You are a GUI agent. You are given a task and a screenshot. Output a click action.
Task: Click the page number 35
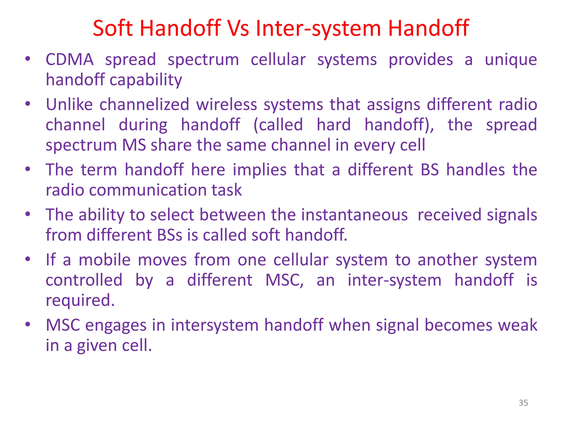(x=523, y=403)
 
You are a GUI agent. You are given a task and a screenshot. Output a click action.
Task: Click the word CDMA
(x=69, y=60)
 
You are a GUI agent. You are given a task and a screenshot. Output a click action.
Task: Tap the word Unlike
(x=69, y=105)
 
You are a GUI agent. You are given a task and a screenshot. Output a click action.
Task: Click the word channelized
(x=144, y=105)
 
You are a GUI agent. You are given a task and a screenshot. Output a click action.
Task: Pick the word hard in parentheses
(x=333, y=125)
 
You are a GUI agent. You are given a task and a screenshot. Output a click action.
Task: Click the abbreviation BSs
(x=169, y=235)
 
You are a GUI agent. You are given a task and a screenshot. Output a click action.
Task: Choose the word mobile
(x=105, y=260)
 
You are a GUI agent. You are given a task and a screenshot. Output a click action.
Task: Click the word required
(x=80, y=300)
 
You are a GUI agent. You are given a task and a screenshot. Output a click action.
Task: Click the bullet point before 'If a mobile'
(x=27, y=259)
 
